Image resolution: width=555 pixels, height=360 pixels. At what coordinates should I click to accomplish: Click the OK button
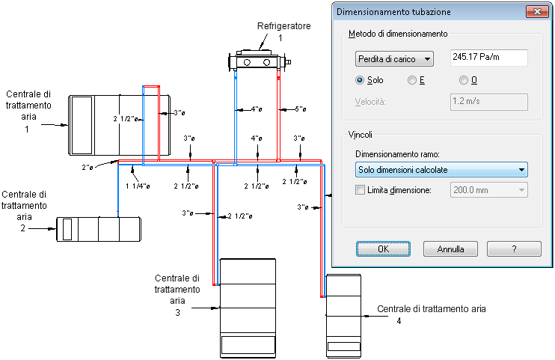pyautogui.click(x=384, y=248)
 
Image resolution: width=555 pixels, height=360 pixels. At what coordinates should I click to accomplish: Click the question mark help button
pyautogui.click(x=514, y=248)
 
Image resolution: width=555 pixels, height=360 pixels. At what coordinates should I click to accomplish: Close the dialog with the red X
pyautogui.click(x=536, y=11)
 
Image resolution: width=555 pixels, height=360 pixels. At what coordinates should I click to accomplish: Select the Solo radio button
pyautogui.click(x=361, y=80)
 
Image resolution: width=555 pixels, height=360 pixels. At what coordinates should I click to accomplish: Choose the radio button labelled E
pyautogui.click(x=411, y=80)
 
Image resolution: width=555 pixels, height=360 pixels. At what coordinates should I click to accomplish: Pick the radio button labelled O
pyautogui.click(x=464, y=80)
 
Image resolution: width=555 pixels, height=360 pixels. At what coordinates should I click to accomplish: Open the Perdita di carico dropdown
pyautogui.click(x=394, y=58)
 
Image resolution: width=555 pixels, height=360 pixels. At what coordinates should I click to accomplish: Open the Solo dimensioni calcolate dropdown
pyautogui.click(x=441, y=170)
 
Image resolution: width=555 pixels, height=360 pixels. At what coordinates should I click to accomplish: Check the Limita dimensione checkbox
pyautogui.click(x=360, y=191)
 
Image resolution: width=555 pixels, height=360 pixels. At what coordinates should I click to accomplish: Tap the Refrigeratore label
pyautogui.click(x=283, y=26)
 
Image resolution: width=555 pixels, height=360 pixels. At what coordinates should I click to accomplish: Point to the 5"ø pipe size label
pyautogui.click(x=301, y=110)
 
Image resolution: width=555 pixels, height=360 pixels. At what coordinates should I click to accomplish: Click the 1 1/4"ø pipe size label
pyautogui.click(x=138, y=186)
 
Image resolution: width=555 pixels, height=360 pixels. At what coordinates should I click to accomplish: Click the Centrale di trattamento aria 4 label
pyautogui.click(x=432, y=309)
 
